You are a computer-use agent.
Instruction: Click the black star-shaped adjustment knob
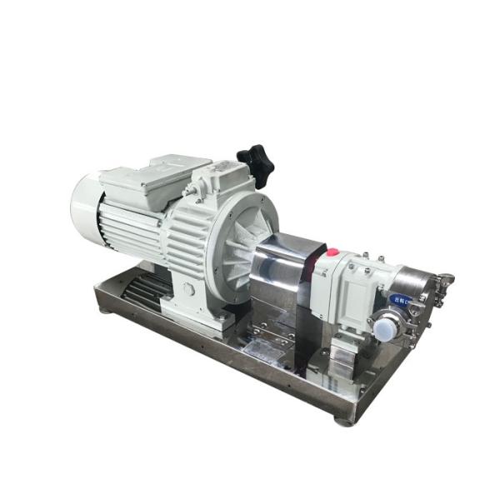point(256,162)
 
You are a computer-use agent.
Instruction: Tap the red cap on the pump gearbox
point(331,252)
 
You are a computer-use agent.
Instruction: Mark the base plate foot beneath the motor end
point(106,310)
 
